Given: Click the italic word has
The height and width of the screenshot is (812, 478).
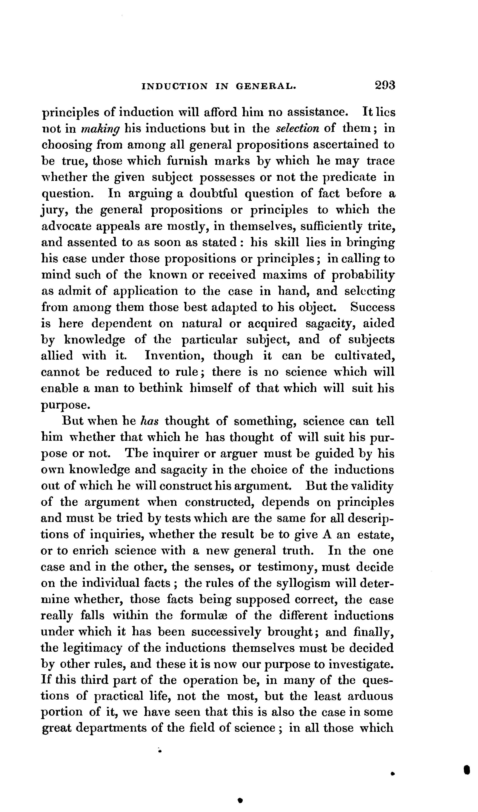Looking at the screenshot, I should click(x=149, y=421).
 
